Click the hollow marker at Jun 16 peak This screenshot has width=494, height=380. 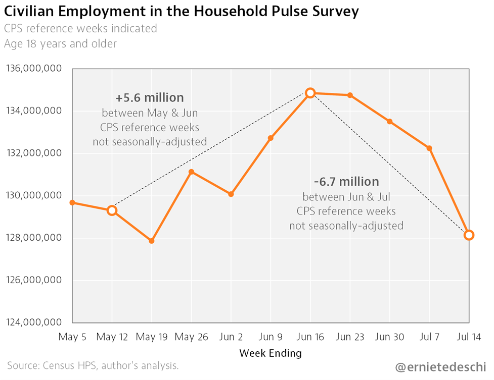coord(310,93)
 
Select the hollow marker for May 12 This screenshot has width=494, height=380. coord(112,210)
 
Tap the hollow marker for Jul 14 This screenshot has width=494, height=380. coord(469,235)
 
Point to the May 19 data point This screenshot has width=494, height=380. coord(152,241)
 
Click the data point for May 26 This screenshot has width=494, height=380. coord(191,172)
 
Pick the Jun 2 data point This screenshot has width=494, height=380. coord(231,194)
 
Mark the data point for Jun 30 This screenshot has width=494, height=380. coord(389,122)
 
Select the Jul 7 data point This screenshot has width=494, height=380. coord(429,148)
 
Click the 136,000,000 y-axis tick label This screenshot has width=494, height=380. coord(33,68)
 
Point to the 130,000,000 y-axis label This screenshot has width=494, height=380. coord(33,195)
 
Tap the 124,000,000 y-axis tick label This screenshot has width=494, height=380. coord(33,322)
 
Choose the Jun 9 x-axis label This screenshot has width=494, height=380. coord(271,337)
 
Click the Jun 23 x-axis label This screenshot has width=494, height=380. coord(350,337)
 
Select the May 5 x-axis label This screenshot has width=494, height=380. coord(73,337)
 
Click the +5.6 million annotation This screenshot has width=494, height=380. coord(150,97)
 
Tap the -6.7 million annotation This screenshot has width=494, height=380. coord(346,181)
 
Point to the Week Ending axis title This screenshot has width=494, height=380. coord(271,352)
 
